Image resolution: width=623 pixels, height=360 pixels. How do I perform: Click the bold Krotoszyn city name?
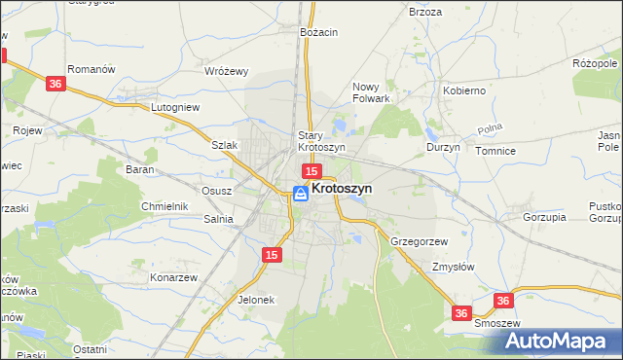[x=342, y=190]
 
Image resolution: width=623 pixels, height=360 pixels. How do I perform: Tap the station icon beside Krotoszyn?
[x=301, y=194]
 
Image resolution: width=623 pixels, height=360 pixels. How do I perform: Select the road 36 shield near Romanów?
[x=55, y=85]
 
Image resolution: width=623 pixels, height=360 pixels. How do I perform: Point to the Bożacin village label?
[x=318, y=32]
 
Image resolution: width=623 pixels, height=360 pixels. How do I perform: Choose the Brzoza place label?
[x=425, y=12]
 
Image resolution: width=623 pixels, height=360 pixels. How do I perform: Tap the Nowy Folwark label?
[x=371, y=91]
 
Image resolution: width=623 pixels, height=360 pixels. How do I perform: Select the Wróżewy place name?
[x=227, y=71]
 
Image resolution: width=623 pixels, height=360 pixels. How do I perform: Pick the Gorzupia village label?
[x=544, y=217]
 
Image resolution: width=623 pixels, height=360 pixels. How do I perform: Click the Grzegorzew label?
[x=419, y=240]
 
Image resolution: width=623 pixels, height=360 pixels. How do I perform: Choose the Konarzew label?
[x=173, y=277]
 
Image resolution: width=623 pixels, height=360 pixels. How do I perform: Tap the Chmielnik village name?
[x=164, y=206]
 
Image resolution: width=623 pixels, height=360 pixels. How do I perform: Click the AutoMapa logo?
[x=559, y=341]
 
